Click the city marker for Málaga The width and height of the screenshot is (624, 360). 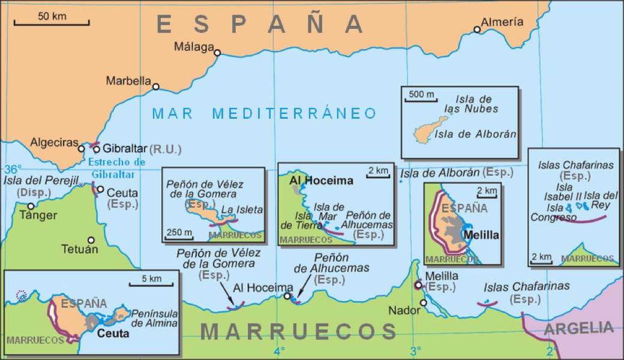tap(217, 53)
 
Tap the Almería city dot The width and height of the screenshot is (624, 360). tap(477, 29)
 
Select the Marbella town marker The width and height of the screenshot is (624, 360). tap(156, 86)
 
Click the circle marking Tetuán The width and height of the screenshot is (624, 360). tap(91, 239)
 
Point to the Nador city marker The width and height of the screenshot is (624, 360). tap(424, 302)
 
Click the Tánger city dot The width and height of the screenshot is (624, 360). tap(31, 206)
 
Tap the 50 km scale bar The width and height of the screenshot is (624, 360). tap(52, 23)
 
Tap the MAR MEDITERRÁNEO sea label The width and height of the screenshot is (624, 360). tap(264, 113)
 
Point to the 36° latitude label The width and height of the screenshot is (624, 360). tap(13, 169)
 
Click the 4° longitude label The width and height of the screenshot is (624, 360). tap(279, 350)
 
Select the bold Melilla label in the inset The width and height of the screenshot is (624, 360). tap(481, 235)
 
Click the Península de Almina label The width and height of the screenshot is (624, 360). tap(155, 319)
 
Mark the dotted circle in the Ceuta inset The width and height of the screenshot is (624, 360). tap(22, 295)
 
